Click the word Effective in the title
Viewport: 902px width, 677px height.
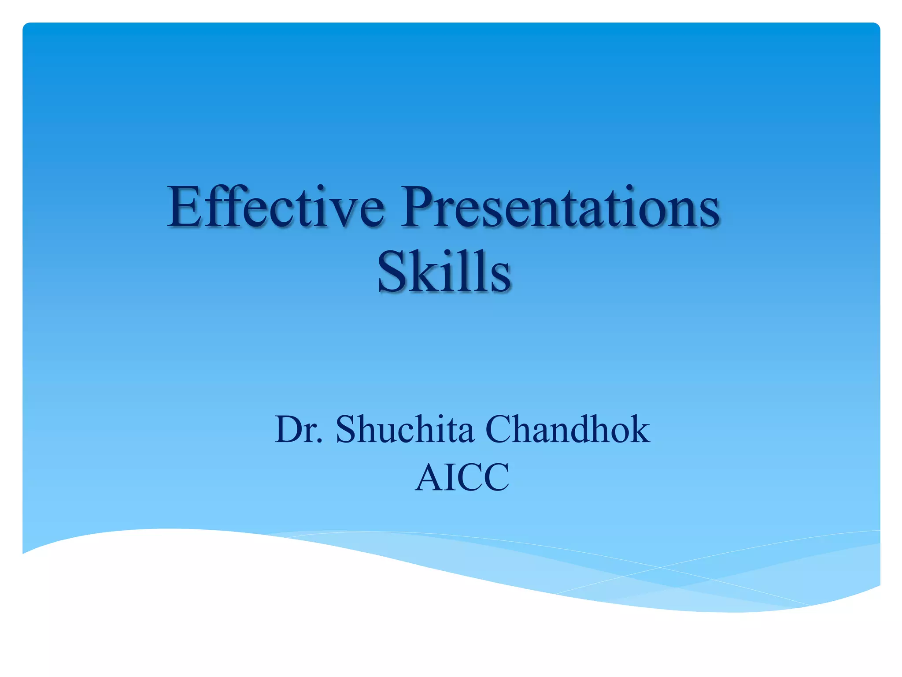275,207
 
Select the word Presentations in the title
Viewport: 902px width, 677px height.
559,207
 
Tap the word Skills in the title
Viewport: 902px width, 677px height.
444,272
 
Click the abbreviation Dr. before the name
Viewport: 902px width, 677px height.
299,429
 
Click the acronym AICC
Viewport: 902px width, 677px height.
462,477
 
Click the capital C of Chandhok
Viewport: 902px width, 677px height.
499,429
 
